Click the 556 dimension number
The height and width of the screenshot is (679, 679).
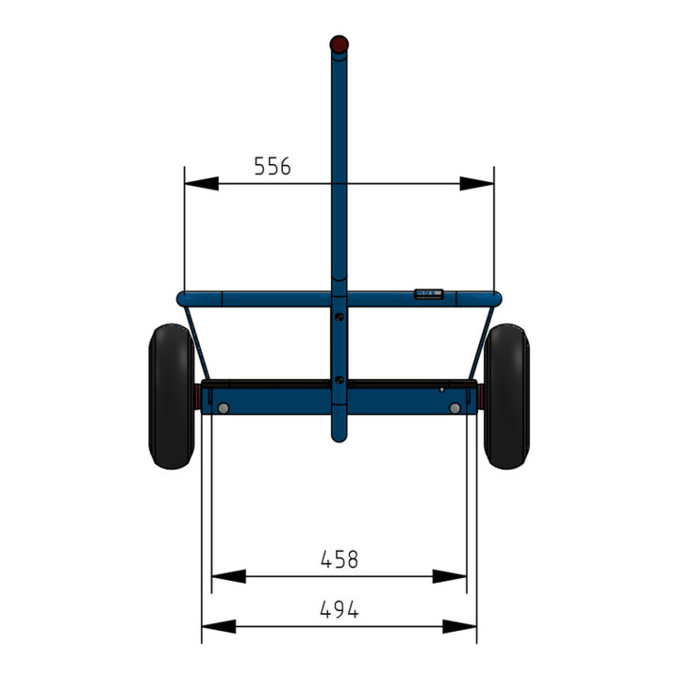273,166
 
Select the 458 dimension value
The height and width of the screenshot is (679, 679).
339,559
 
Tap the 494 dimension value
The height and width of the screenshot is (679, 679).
339,609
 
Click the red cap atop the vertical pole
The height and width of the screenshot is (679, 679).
339,44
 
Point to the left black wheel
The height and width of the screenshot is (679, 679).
172,396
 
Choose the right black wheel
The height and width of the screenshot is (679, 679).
506,396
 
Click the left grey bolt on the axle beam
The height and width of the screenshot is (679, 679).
224,408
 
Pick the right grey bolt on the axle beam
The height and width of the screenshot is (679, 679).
455,408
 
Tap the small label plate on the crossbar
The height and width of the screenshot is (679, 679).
428,294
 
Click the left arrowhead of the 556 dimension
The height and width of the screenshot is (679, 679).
202,183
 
